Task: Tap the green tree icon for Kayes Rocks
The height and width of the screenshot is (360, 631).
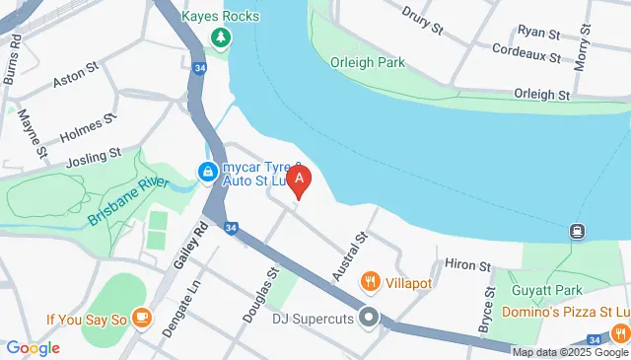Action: coord(221,39)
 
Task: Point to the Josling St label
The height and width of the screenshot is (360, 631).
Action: coord(93,156)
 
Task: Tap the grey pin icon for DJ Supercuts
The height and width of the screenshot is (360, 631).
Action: coord(370,318)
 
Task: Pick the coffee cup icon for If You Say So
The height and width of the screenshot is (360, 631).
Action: coord(143,317)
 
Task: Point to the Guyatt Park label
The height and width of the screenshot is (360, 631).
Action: coord(543,290)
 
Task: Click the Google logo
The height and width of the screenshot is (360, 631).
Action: coord(34,347)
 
